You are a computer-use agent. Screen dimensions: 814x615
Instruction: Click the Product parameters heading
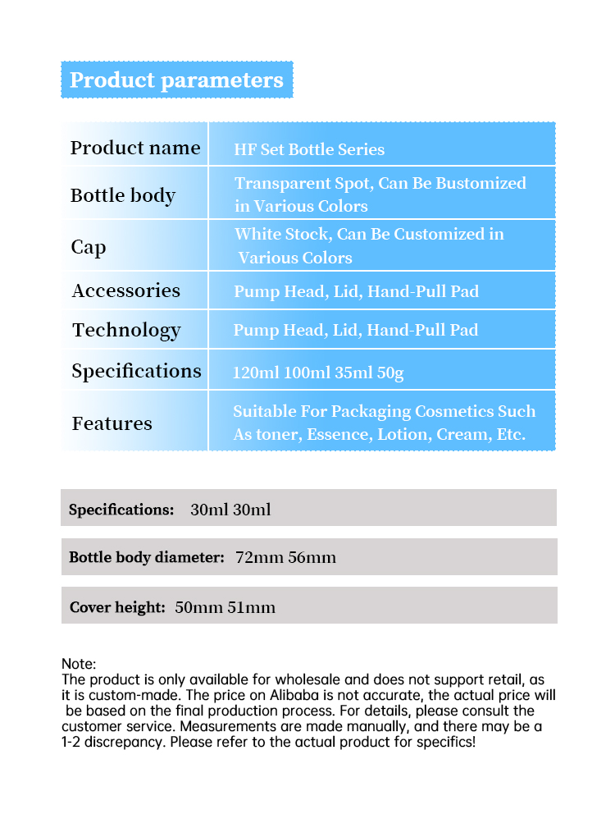(x=176, y=80)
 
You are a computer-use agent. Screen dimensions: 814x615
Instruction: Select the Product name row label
(x=135, y=149)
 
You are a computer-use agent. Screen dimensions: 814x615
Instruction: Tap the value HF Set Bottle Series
(x=309, y=149)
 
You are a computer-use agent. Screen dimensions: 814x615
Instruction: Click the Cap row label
(x=89, y=247)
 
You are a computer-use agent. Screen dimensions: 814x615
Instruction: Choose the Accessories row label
(x=126, y=290)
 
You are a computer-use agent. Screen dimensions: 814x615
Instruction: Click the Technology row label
(x=126, y=330)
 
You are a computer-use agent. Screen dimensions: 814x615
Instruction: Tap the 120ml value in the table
(x=256, y=373)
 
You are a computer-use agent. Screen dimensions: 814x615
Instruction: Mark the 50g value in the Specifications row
(x=390, y=373)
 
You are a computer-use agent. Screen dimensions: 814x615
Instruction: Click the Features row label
(x=112, y=423)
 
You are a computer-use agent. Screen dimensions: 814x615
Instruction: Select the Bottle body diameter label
(x=147, y=558)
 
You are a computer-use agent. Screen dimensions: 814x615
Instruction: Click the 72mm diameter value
(x=257, y=558)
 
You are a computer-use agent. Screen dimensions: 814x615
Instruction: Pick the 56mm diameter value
(x=312, y=558)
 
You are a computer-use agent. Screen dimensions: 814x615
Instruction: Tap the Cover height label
(x=117, y=608)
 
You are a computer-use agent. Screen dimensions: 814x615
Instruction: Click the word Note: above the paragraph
(x=79, y=663)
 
